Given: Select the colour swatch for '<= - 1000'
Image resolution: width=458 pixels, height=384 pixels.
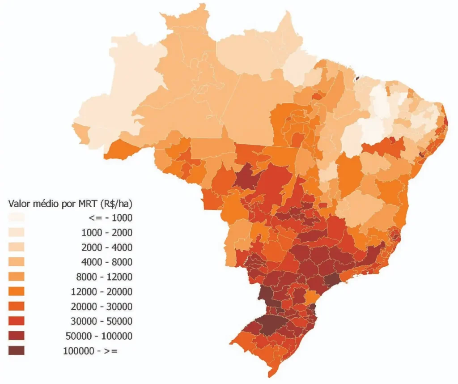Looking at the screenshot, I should click(x=17, y=218).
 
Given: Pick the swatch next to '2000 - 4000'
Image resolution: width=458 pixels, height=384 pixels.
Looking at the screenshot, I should click(x=17, y=247).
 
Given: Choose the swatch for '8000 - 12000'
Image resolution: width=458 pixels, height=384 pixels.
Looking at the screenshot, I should click(x=17, y=277).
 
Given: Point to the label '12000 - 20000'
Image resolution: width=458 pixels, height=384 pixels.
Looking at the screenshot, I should click(x=102, y=292).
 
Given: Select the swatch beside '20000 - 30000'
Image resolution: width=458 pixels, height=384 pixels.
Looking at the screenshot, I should click(x=17, y=307).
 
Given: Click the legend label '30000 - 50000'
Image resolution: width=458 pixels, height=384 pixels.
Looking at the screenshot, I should click(x=102, y=321).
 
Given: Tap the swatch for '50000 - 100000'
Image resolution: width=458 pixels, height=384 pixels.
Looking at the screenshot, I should click(x=17, y=336).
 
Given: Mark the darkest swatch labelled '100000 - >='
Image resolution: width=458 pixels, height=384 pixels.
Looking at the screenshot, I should click(x=17, y=351).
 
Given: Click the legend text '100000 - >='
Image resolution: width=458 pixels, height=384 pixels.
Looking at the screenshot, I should click(x=90, y=351).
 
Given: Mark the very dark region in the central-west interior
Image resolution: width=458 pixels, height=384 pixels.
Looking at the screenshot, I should click(x=246, y=175).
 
